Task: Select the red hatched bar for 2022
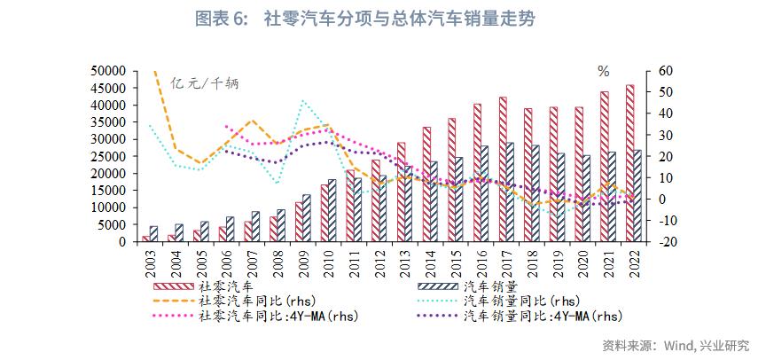[629, 163]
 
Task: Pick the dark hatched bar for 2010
[332, 210]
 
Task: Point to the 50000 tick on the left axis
[113, 71]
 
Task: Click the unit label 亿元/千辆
[205, 83]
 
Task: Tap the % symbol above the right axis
[603, 71]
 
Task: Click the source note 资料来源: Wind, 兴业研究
[675, 345]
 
